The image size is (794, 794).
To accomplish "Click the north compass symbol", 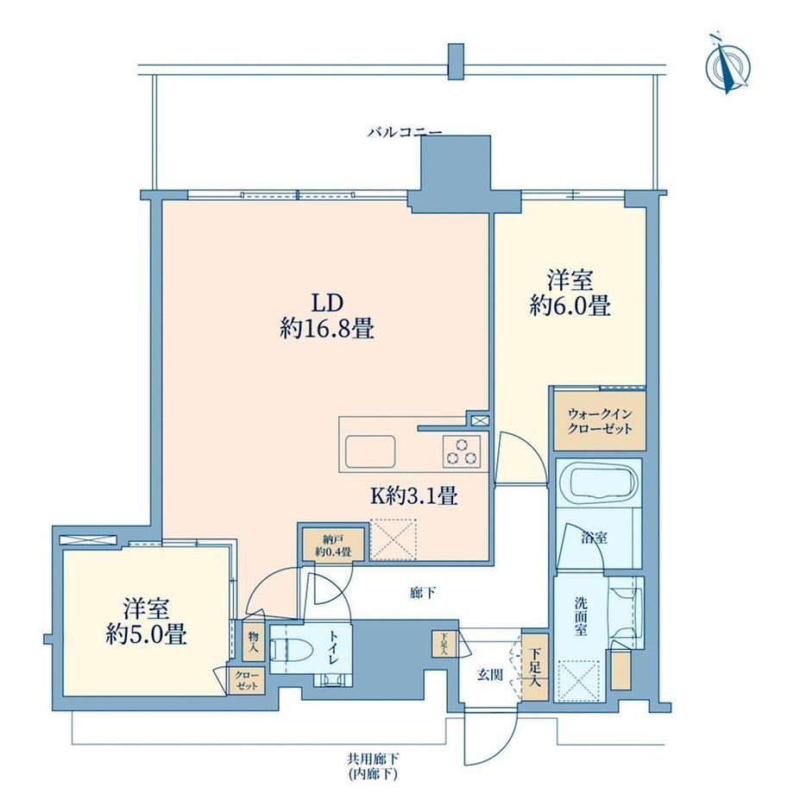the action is (728, 66).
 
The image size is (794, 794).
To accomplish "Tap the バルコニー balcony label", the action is (405, 133).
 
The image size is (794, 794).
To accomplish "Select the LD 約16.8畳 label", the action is (327, 316).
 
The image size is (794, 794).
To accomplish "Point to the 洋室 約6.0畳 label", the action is (570, 293).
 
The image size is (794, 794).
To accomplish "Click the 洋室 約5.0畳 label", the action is (147, 622).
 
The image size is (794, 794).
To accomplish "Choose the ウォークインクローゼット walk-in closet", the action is (600, 421).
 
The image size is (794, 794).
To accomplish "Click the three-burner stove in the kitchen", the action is (462, 451).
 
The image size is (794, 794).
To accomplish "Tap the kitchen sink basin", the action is (370, 451).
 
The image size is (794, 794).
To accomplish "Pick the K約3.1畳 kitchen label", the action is (415, 495).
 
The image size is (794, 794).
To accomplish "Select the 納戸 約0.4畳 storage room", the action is (332, 545).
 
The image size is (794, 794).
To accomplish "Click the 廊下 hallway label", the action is (422, 592).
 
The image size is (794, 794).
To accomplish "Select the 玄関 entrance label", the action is (489, 675).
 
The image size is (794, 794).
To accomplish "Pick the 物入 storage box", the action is (253, 641).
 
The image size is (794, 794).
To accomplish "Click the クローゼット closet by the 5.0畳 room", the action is (247, 681).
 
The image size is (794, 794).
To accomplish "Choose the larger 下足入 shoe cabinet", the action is (535, 667).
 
